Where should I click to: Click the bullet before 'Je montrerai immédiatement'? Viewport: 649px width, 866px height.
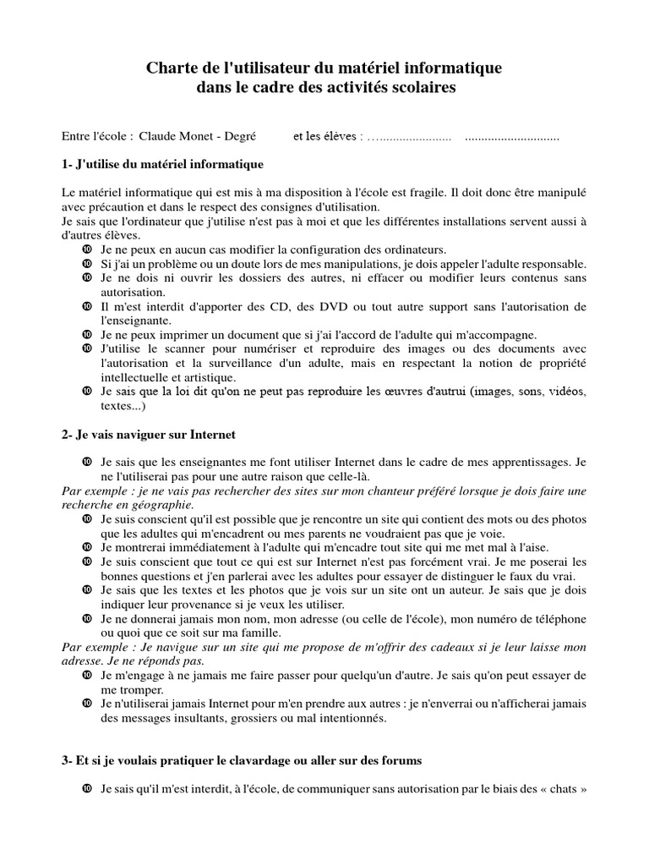[x=86, y=547]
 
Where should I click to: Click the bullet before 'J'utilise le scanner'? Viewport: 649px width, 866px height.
[x=86, y=348]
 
